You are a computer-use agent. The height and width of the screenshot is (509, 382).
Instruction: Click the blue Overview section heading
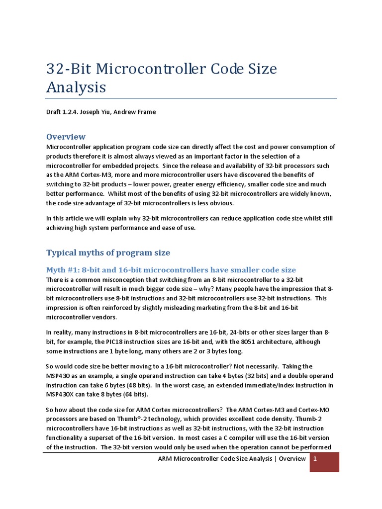pos(66,137)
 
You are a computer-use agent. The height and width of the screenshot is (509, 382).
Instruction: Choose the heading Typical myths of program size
pos(108,253)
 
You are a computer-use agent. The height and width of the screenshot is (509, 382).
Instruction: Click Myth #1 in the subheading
pos(62,270)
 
